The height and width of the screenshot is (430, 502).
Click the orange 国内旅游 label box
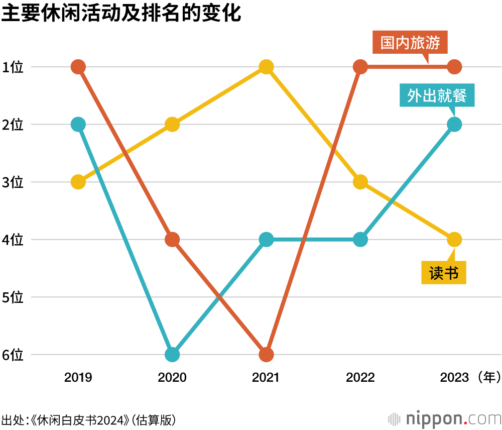(410, 43)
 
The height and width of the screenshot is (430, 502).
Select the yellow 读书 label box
(443, 273)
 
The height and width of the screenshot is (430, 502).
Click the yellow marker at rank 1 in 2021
(266, 67)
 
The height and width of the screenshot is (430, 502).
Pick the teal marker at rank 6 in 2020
(172, 355)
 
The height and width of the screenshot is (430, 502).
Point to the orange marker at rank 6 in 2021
(266, 355)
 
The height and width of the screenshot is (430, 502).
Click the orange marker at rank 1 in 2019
(78, 67)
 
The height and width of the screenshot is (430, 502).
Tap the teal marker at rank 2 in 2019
(78, 124)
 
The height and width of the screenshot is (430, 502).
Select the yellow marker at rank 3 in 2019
(78, 182)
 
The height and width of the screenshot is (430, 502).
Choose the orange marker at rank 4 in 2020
(172, 240)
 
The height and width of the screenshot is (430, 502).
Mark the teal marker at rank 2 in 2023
(454, 124)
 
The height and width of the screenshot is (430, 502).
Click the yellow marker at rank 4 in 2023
(454, 240)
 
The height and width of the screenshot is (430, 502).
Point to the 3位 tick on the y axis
(13, 182)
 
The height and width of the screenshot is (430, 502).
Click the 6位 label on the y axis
(13, 355)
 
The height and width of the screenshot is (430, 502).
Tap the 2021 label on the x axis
(266, 377)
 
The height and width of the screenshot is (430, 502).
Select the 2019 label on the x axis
(78, 377)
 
